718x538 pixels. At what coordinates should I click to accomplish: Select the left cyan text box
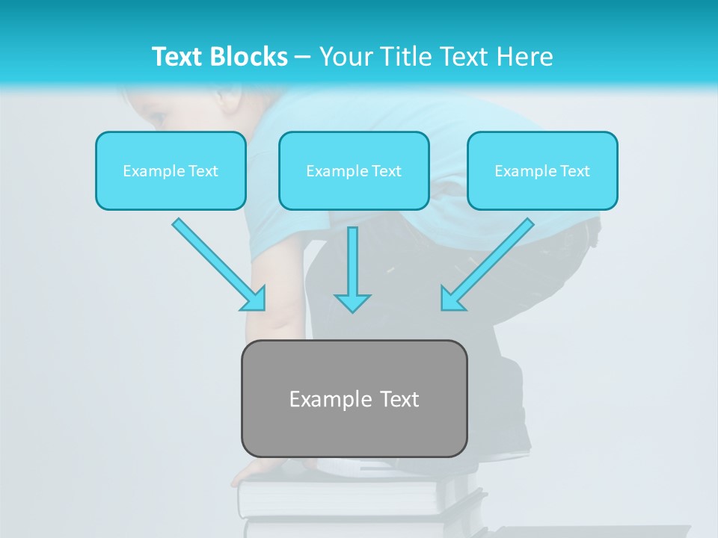tap(171, 170)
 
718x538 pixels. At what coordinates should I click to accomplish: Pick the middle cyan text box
tap(354, 170)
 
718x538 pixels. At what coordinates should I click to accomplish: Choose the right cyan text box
tap(542, 170)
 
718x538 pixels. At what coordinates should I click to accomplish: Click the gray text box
tap(354, 398)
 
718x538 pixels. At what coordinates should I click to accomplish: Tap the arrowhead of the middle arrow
tap(352, 303)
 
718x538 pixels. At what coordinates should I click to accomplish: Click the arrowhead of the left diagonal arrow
tap(256, 299)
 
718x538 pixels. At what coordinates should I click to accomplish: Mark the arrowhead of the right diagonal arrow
tap(451, 299)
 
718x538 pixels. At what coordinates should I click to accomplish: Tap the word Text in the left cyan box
tap(203, 171)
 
